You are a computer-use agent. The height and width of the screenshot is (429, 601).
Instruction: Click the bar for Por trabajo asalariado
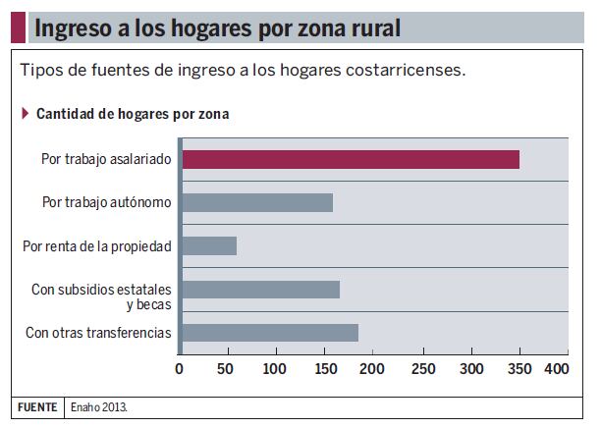(351, 159)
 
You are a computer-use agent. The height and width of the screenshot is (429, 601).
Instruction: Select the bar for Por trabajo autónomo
(257, 203)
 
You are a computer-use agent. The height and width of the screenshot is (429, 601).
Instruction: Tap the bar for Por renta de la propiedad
(209, 245)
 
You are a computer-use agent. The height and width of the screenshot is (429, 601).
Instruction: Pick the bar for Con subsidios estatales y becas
(260, 290)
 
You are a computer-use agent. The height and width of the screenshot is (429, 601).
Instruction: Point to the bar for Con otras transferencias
(270, 332)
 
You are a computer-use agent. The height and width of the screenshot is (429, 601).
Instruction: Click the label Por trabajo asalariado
(106, 159)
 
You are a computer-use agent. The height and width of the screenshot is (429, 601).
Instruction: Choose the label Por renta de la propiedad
(96, 245)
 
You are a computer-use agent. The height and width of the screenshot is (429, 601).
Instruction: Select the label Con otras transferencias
(98, 333)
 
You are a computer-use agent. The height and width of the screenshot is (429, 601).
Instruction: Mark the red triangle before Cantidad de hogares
(25, 113)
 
